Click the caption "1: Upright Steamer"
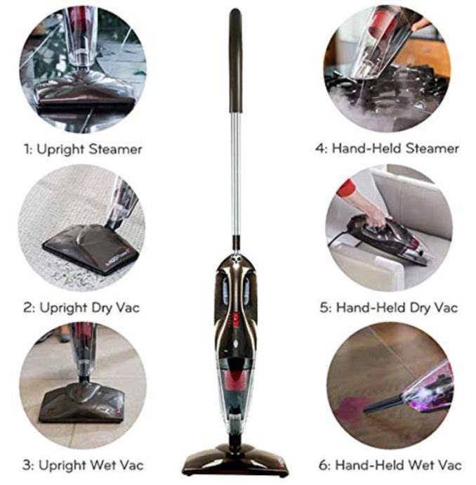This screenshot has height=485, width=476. pyautogui.click(x=83, y=150)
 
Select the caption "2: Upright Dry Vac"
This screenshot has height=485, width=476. pyautogui.click(x=81, y=308)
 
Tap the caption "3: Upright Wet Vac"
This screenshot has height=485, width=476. pyautogui.click(x=83, y=465)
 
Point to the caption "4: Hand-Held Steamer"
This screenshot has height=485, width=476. pyautogui.click(x=387, y=148)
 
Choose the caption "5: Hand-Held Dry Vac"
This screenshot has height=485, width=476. pyautogui.click(x=388, y=308)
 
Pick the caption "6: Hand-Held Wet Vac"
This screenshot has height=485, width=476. pyautogui.click(x=390, y=465)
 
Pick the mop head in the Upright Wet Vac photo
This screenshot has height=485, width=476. pyautogui.click(x=82, y=403)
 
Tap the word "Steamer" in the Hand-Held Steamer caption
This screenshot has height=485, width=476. pyautogui.click(x=432, y=148)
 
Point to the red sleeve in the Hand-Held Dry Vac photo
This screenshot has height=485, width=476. pyautogui.click(x=345, y=188)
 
